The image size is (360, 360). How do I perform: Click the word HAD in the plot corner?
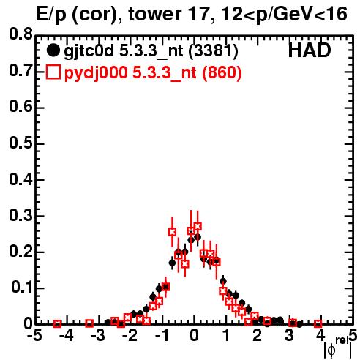tap(310, 50)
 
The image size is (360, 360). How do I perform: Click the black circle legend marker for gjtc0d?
tap(53, 50)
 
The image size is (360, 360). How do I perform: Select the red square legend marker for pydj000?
tap(53, 72)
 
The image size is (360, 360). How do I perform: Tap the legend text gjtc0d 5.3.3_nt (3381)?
tap(151, 51)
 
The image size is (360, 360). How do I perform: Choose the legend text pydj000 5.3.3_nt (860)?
tap(153, 73)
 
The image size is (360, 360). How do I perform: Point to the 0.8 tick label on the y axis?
tap(20, 34)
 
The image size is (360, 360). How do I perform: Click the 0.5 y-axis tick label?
tap(20, 143)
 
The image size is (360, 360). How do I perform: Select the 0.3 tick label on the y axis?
tap(20, 216)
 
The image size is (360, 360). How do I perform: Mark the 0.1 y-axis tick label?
tap(22, 288)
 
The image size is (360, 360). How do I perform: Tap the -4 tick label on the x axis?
tap(66, 336)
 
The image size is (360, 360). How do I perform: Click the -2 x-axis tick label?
tap(130, 336)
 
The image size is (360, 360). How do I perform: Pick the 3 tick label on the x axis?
tap(289, 336)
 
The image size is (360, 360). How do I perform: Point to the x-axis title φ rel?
tap(338, 347)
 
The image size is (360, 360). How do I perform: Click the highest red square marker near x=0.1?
tap(198, 226)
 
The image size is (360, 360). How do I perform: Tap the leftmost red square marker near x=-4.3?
tap(57, 323)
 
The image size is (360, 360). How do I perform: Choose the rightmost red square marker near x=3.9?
tap(318, 323)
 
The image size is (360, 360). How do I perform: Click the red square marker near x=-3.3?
tap(89, 323)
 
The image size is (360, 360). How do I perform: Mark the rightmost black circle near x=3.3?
tap(299, 324)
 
